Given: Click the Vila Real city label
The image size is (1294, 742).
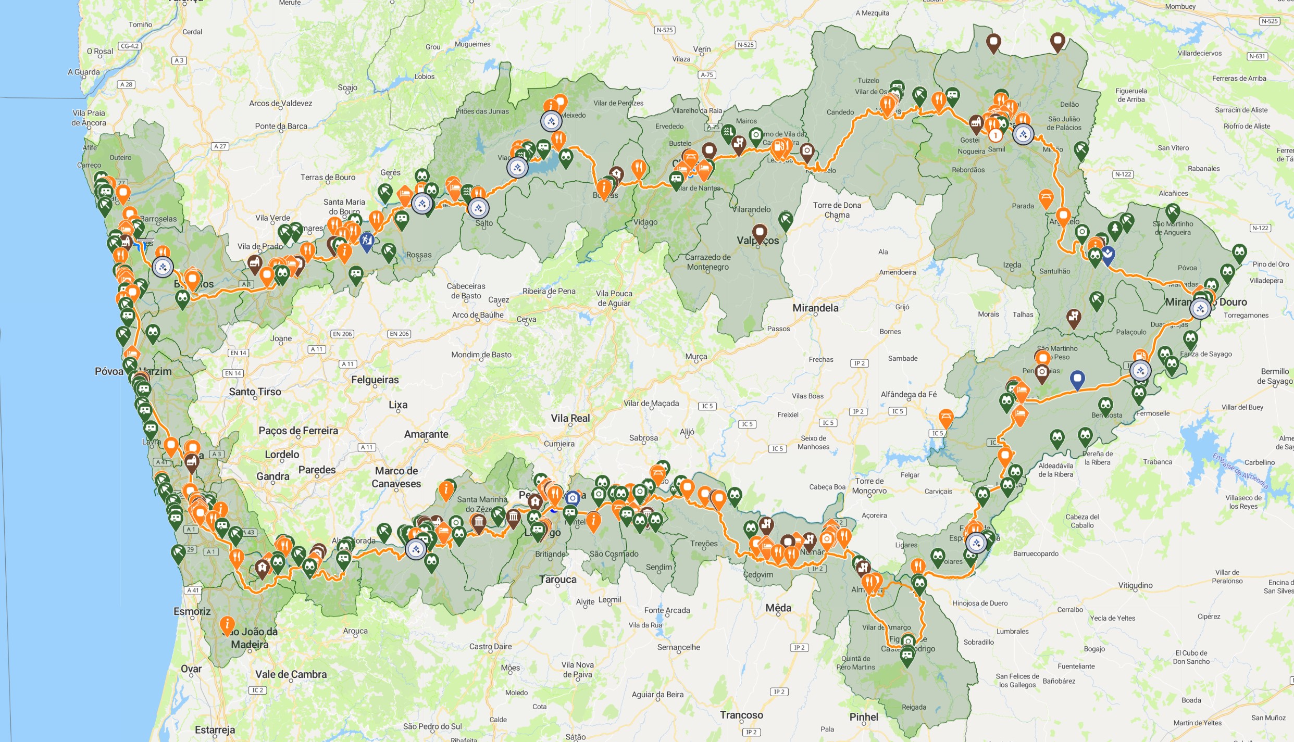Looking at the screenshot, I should click(x=570, y=418).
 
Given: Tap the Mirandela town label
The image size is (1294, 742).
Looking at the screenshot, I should click(x=815, y=308).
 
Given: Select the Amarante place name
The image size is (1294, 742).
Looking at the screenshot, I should click(x=426, y=434).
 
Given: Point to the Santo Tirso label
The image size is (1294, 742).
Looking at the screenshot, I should click(x=255, y=392).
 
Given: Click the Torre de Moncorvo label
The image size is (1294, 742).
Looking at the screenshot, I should click(x=869, y=486).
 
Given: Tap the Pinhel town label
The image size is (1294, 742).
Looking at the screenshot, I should click(x=864, y=717).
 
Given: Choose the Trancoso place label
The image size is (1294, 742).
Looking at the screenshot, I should click(x=741, y=715).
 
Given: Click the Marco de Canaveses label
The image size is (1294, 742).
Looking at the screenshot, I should click(x=396, y=477).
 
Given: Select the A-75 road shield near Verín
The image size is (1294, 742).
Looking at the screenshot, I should click(x=706, y=75).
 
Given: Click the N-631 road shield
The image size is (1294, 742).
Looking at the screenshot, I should click(x=1256, y=56).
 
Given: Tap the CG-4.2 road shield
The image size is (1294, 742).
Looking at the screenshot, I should click(x=129, y=46).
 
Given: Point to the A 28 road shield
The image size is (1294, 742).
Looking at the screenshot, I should click(x=126, y=84).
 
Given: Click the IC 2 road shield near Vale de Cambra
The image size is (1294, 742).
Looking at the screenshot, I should click(x=257, y=690).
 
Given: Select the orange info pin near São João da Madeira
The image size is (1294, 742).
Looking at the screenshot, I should click(x=227, y=624).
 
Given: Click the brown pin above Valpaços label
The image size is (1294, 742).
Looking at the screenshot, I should click(x=760, y=232).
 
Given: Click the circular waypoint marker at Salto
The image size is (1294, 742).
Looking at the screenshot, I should click(x=478, y=208).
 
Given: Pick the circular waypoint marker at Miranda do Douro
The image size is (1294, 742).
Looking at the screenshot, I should click(x=1200, y=309).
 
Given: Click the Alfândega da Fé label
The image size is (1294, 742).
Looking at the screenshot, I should click(x=909, y=394).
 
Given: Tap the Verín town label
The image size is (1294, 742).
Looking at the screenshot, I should click(x=702, y=49).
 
